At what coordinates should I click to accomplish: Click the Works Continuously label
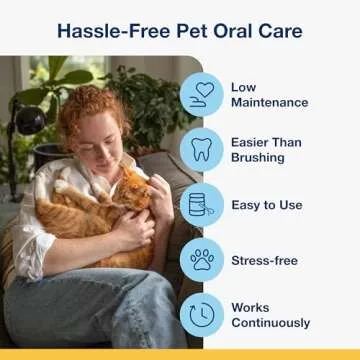coord(271,316)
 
